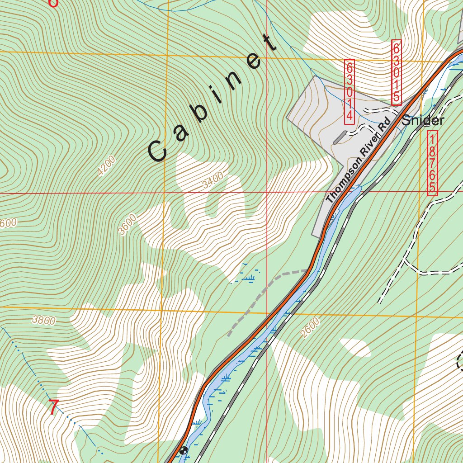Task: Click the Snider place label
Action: click(x=423, y=121)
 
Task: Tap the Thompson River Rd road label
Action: click(x=357, y=161)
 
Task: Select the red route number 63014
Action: click(x=350, y=92)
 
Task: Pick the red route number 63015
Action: click(x=396, y=72)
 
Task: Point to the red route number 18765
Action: click(x=433, y=163)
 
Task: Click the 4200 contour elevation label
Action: click(x=106, y=166)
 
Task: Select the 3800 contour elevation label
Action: click(x=44, y=321)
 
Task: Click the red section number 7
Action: click(x=53, y=408)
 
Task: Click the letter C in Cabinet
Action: click(x=158, y=151)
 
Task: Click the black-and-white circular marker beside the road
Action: click(x=183, y=450)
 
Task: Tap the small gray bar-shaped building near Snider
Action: click(x=340, y=137)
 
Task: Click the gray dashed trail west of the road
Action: click(x=262, y=293)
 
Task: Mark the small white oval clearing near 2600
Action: click(x=355, y=347)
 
